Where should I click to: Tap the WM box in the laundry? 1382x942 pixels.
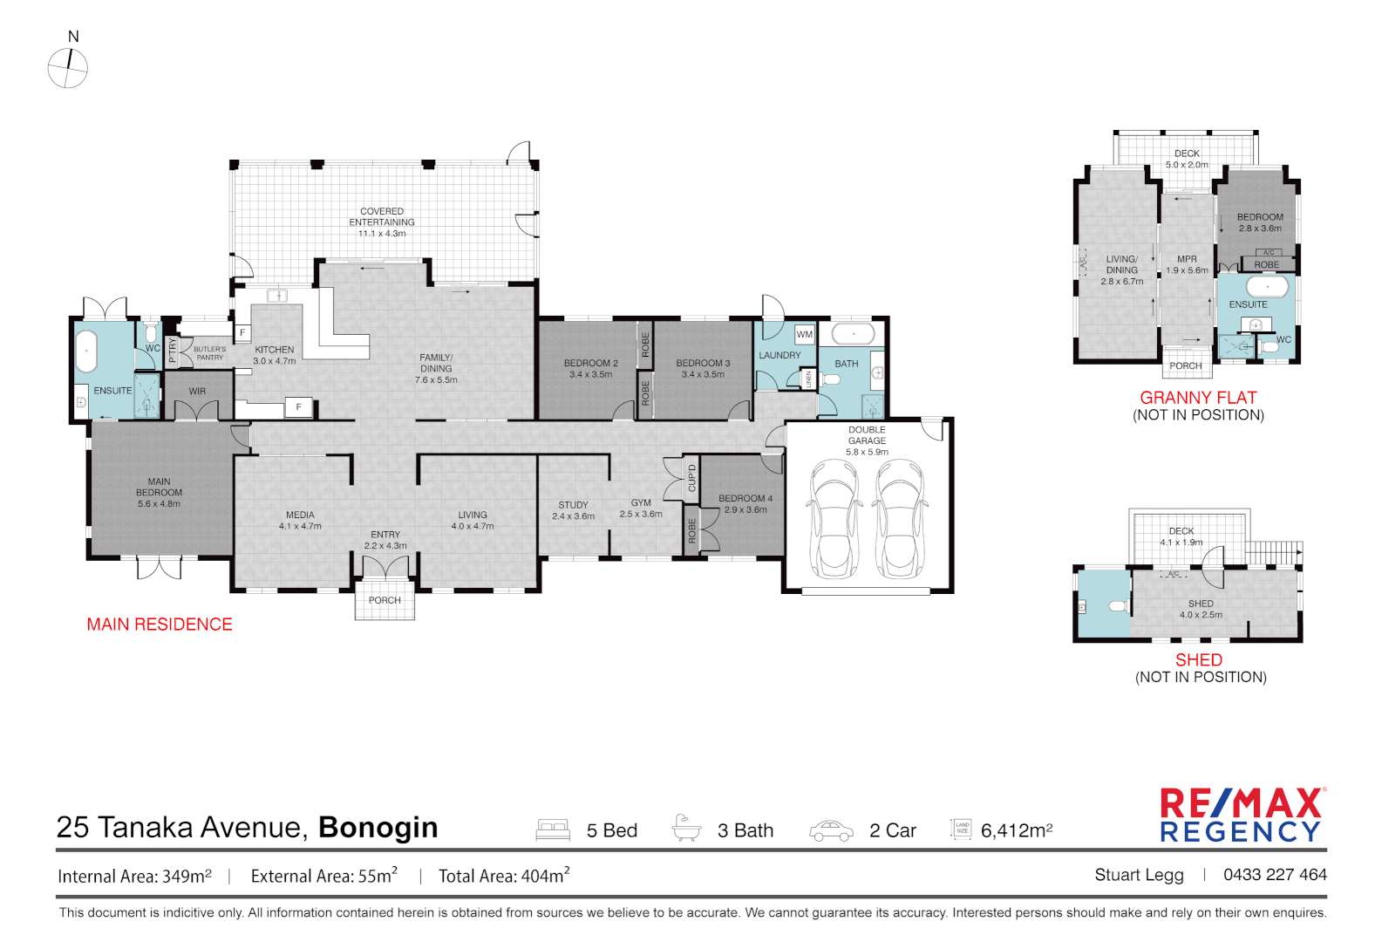(x=804, y=334)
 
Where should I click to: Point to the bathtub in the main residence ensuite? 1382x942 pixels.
(x=86, y=352)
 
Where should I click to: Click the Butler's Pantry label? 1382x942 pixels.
(x=209, y=353)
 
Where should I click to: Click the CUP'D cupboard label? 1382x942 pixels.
(x=692, y=478)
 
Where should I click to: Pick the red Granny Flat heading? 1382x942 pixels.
(x=1198, y=398)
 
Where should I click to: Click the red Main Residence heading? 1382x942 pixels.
(x=160, y=625)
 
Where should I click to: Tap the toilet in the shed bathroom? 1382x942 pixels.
(x=1118, y=606)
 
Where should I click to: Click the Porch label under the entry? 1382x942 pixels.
(x=385, y=600)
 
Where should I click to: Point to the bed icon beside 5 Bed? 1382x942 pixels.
(x=553, y=829)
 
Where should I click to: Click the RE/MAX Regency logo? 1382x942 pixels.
(x=1242, y=816)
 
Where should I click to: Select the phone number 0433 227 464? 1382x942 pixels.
(x=1275, y=875)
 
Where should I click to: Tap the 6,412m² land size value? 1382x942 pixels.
(x=1017, y=830)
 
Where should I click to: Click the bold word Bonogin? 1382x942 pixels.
(x=378, y=827)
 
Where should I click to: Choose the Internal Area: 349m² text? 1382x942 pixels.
(x=134, y=876)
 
